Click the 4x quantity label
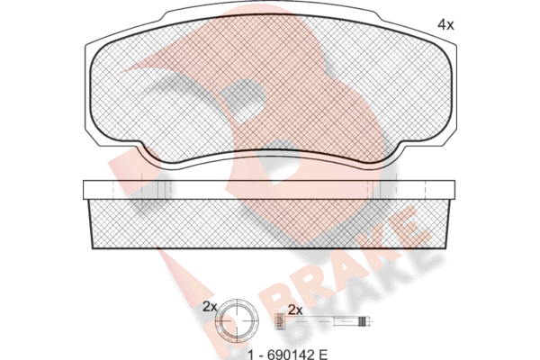click(445, 25)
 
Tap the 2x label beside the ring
click(210, 306)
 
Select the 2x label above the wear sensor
click(295, 310)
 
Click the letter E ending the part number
click(323, 354)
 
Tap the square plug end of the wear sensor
click(281, 322)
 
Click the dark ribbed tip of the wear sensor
click(362, 321)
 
